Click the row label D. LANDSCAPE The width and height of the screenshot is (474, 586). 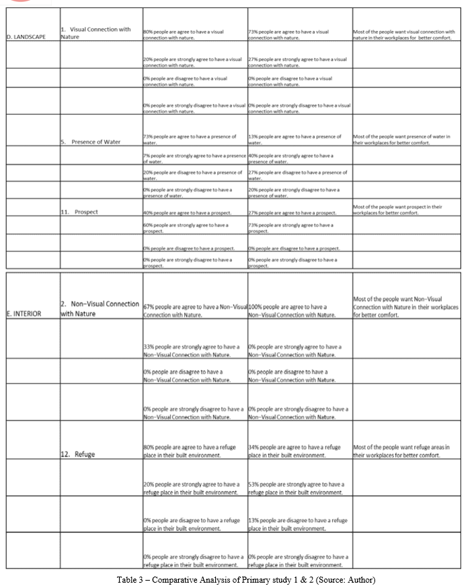coord(27,37)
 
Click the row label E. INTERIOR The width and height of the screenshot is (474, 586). coord(24,313)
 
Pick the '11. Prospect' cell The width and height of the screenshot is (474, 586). coord(79,212)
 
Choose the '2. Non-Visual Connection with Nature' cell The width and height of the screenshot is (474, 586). coord(100,309)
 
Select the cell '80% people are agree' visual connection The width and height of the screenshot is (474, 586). coord(184,34)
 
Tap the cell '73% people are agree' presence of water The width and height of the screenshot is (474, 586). coord(190,139)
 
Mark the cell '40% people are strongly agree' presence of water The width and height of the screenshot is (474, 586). coord(290,159)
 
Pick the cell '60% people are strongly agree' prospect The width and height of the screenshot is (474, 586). coord(186,228)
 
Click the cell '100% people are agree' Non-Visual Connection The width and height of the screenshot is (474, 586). coord(292,310)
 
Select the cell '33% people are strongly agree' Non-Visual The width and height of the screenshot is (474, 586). coord(192,350)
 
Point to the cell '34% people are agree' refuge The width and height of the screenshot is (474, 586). coord(294,451)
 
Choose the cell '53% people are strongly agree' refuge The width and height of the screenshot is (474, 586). coord(296,488)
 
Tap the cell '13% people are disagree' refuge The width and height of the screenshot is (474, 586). coord(297,524)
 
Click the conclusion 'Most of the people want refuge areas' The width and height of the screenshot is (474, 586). coord(401,451)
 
